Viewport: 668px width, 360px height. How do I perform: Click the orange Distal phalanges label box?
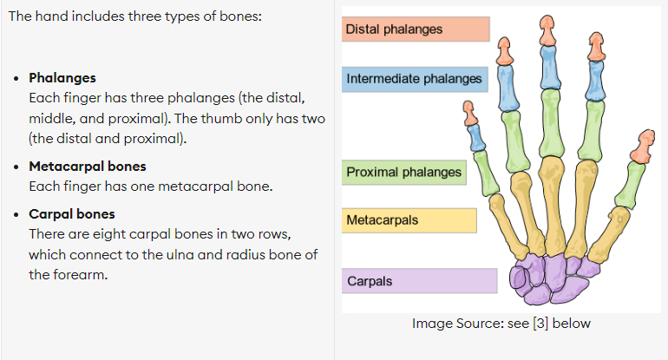click(x=416, y=29)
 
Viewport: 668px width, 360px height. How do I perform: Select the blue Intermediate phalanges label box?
click(x=415, y=79)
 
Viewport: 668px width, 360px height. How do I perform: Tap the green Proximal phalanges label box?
click(x=404, y=172)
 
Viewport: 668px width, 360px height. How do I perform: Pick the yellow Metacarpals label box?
click(x=409, y=220)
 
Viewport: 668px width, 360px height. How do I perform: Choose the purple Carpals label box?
click(x=419, y=281)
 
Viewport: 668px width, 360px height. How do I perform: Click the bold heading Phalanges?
click(x=62, y=78)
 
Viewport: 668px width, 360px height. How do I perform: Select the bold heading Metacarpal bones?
click(x=88, y=167)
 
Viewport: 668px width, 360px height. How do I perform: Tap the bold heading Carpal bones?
click(x=71, y=214)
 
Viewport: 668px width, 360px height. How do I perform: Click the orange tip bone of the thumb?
click(x=644, y=146)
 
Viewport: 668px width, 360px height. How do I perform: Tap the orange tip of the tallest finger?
click(x=547, y=30)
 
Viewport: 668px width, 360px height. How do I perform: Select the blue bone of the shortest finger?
click(x=476, y=137)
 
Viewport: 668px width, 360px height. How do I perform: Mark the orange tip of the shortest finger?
click(x=470, y=113)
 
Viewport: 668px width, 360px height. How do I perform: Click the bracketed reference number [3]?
click(x=540, y=324)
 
